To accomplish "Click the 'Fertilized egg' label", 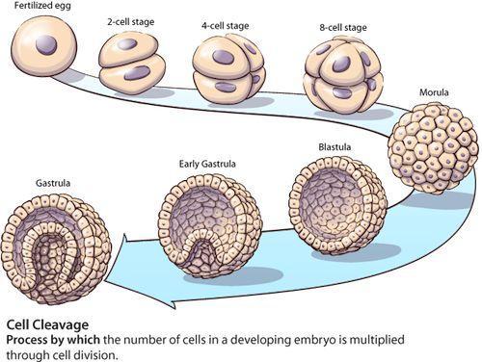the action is point(42,6).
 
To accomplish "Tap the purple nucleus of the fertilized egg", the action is point(46,45).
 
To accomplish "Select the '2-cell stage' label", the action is point(130,22).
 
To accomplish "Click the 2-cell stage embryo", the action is point(132,63).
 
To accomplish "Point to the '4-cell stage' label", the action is point(225,25).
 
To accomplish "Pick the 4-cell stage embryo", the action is point(229,66).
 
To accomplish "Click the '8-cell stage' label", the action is point(343,28).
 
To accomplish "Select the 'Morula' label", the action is point(434,92).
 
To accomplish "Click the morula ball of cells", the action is point(433,148).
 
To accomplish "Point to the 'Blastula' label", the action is point(335,147).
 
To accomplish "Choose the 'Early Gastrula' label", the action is point(207,164).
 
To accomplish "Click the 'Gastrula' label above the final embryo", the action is point(53,183).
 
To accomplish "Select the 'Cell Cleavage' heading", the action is point(47,324).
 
